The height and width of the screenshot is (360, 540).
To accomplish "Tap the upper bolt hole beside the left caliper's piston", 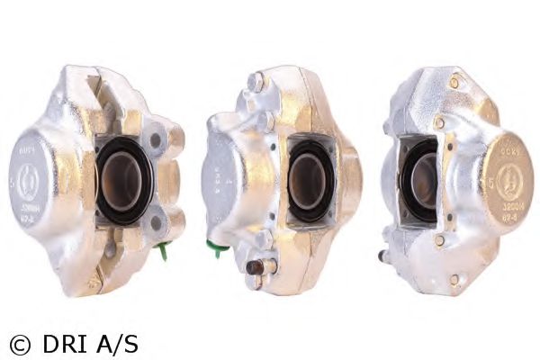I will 157,139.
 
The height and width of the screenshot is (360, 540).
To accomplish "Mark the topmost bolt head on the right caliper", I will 454,82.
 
